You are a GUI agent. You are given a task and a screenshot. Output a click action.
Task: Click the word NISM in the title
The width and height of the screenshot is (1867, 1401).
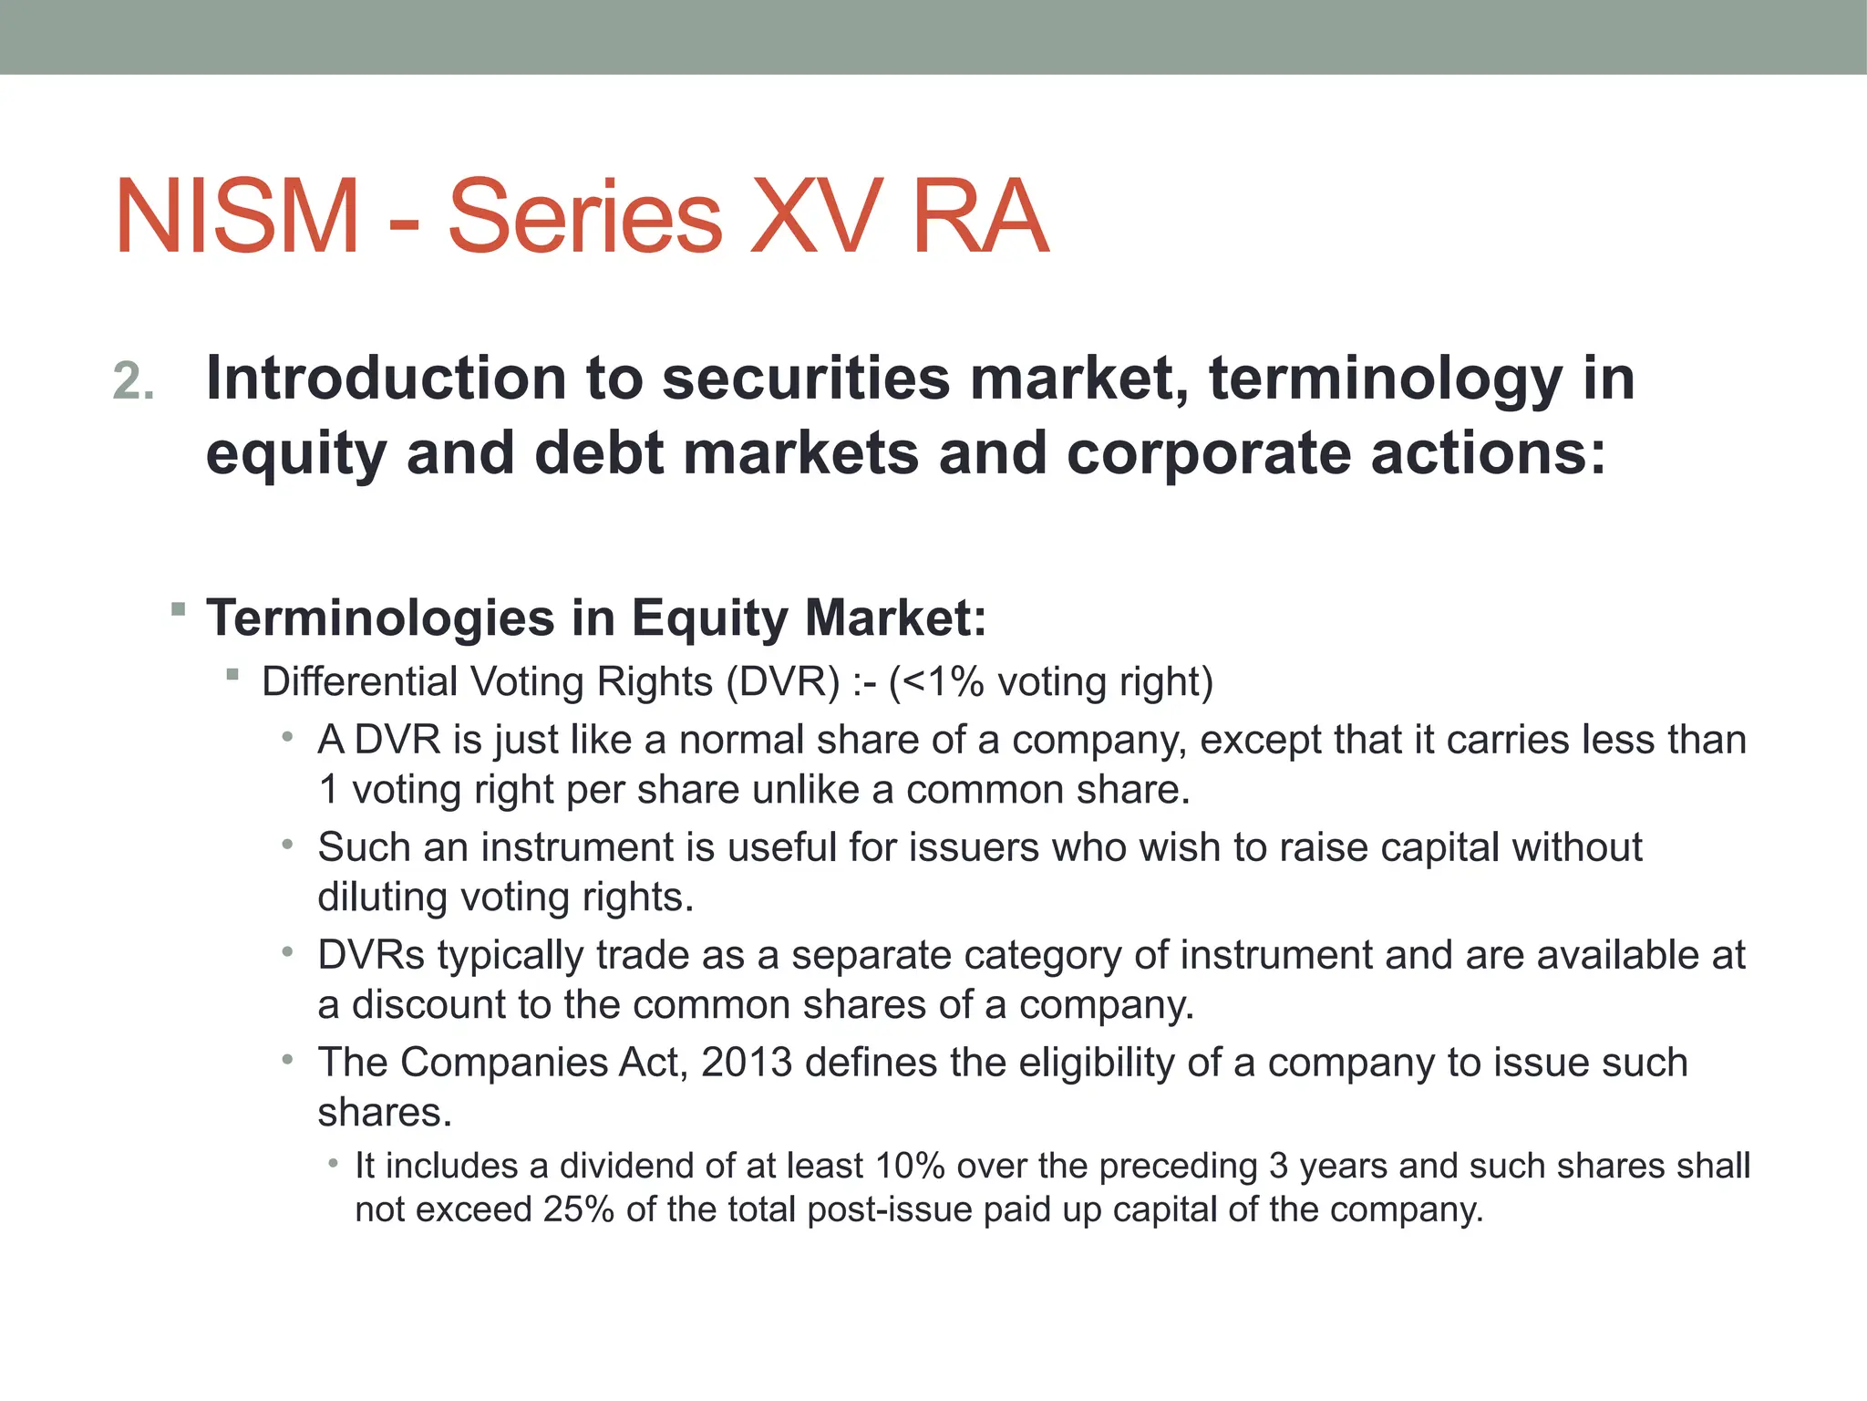238,217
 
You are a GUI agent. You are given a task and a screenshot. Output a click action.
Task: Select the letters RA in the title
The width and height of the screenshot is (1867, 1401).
980,217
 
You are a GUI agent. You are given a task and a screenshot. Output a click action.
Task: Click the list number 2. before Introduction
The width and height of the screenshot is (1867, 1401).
134,381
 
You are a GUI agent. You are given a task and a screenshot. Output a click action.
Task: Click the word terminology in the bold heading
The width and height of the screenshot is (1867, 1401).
1385,379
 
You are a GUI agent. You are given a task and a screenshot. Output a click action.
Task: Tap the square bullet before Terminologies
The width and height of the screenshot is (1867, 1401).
179,608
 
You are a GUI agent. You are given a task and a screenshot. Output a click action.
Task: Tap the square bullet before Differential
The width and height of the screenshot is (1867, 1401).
233,675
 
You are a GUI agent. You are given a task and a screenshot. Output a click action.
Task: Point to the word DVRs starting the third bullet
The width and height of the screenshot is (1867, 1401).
371,956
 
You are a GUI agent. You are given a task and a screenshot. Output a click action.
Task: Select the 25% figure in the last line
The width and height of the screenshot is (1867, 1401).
578,1209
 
